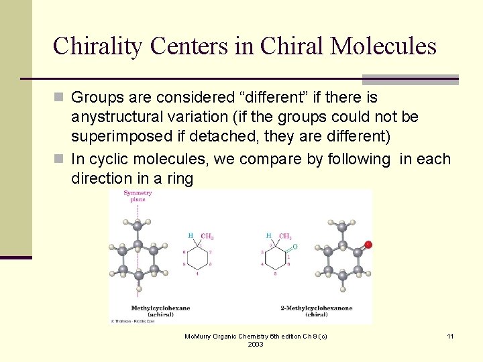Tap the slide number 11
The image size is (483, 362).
click(450, 336)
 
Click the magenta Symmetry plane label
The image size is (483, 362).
click(138, 196)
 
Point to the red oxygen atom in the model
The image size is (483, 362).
click(368, 245)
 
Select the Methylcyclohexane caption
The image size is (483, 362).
click(160, 308)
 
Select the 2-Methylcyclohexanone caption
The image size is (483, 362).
click(316, 308)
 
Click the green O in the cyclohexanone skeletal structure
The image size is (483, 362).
click(295, 247)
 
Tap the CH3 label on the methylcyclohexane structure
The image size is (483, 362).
click(207, 237)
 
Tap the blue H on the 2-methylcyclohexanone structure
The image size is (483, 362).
click(268, 236)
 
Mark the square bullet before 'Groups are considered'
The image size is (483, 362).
click(59, 98)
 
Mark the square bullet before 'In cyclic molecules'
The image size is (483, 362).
click(59, 160)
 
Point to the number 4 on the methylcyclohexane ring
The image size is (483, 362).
click(197, 274)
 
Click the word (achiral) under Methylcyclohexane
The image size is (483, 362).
click(160, 314)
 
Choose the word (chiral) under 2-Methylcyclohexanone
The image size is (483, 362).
click(316, 314)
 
